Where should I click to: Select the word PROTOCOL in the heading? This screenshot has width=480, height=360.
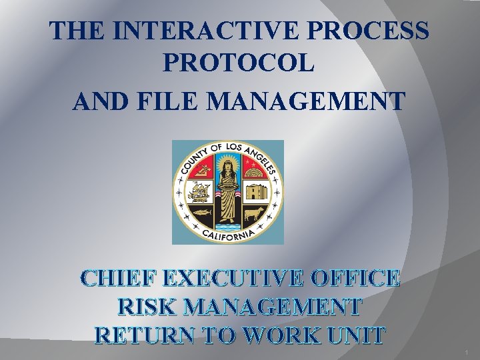(x=237, y=64)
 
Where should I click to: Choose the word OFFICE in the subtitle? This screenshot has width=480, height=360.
(x=363, y=278)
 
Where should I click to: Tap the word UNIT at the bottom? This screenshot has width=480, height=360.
(x=359, y=335)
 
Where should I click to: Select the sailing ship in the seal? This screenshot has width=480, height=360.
(x=198, y=192)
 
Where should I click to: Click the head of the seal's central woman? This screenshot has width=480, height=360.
(x=228, y=163)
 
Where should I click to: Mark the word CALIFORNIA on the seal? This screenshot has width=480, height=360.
(x=229, y=234)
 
